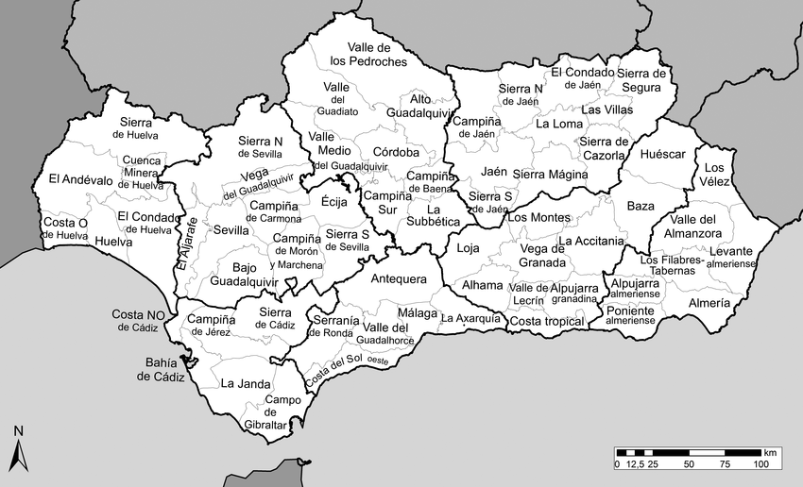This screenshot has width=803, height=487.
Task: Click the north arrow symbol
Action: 17,451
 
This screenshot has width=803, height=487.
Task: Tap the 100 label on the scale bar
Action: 760,464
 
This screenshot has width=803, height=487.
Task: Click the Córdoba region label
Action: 396,152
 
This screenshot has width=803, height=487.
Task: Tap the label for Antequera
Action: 400,278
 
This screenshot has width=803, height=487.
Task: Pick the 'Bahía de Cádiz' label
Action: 158,369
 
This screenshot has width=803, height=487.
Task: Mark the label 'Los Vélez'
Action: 714,175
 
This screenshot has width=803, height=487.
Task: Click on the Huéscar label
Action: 662,154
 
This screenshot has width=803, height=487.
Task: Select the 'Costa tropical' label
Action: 547,322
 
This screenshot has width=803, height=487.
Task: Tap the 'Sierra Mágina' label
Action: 550,174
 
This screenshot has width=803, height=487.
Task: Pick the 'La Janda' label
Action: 241,384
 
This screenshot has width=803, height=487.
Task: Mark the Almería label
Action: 709,303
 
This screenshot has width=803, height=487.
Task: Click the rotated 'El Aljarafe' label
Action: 186,244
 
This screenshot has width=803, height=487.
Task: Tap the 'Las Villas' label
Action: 606,109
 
